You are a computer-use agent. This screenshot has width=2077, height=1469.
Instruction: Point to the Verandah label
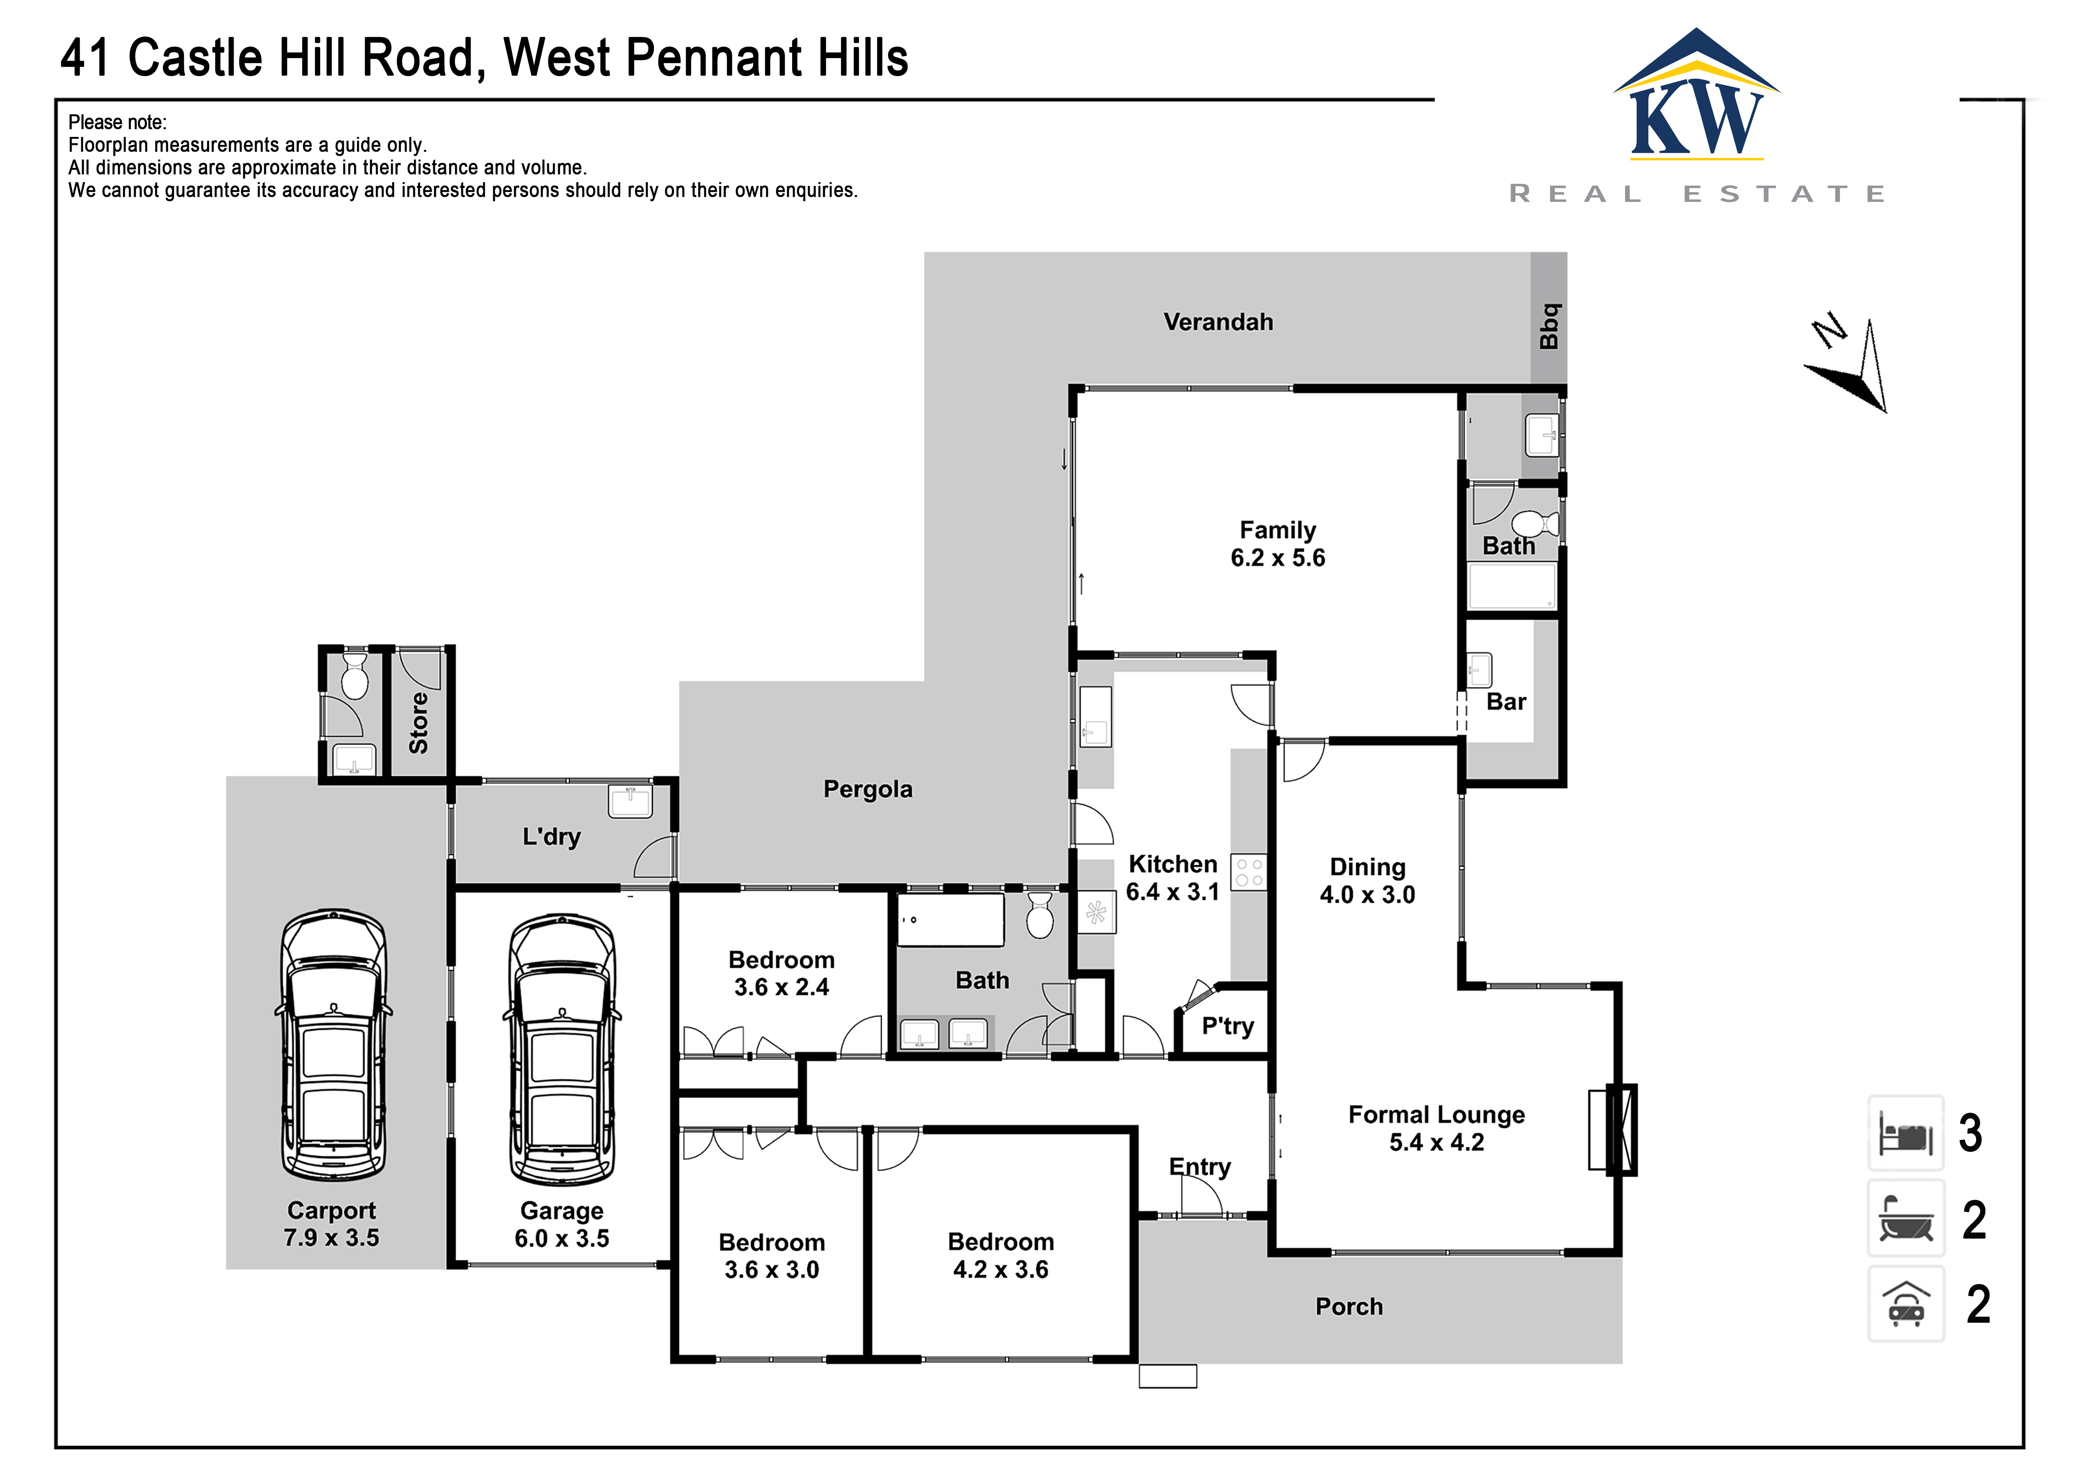point(1217,322)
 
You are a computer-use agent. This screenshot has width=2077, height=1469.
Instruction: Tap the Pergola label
point(867,790)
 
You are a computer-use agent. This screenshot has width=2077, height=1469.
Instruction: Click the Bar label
point(1506,702)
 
